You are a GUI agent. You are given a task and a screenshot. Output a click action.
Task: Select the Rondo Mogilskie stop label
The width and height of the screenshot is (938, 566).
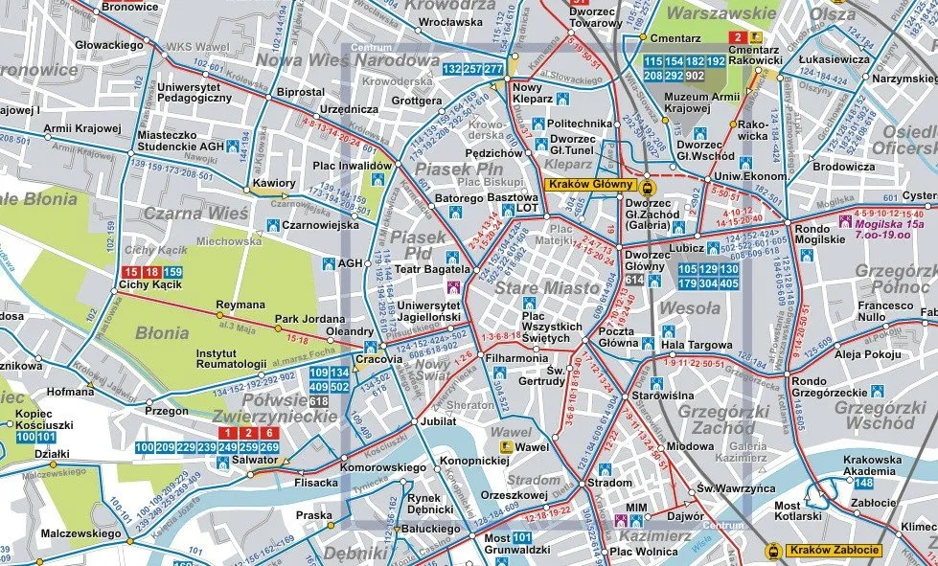point(819,233)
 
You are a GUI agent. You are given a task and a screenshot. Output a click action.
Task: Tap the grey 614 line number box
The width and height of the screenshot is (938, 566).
point(633,280)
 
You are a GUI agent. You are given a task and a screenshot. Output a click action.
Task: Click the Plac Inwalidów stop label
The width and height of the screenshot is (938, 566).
point(353,166)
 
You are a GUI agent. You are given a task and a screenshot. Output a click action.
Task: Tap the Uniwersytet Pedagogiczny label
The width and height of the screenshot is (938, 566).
point(188,92)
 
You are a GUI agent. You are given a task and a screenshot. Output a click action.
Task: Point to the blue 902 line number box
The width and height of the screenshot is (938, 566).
point(695,76)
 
